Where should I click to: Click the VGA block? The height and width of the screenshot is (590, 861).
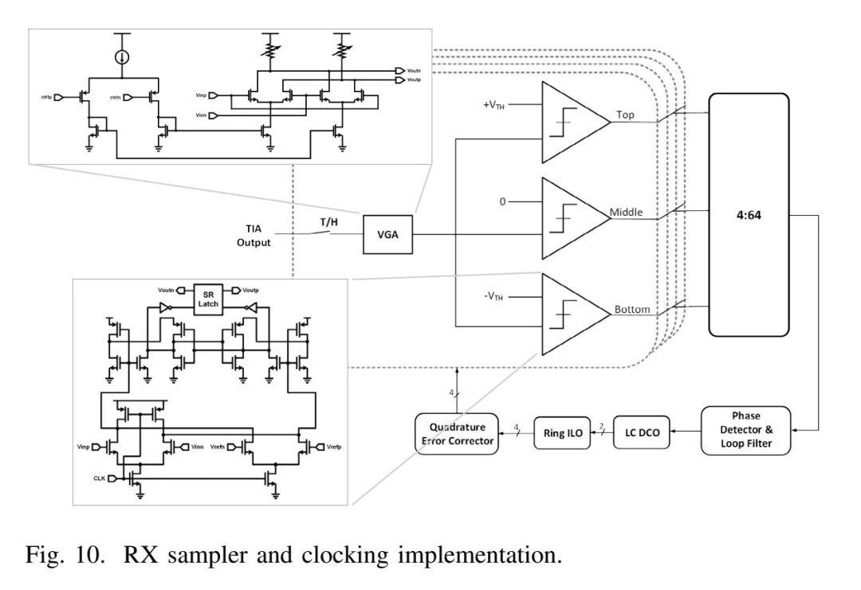(x=388, y=234)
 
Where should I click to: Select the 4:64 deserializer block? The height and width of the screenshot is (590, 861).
(x=749, y=214)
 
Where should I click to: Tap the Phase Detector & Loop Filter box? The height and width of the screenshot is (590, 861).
(x=746, y=431)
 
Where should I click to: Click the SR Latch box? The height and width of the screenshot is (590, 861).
(x=208, y=299)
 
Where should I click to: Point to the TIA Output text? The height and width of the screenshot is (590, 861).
(x=253, y=235)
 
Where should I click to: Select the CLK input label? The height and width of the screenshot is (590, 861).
(x=98, y=478)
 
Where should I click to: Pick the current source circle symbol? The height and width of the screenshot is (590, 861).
(x=122, y=57)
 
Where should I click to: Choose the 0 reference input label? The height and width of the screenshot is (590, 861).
(x=503, y=202)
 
